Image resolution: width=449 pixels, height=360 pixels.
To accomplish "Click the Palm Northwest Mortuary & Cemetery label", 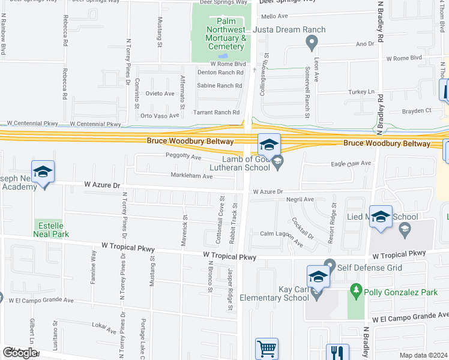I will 219,34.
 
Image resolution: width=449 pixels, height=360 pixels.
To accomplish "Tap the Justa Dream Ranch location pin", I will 311,42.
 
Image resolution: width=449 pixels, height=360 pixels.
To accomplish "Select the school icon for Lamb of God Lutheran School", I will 270,145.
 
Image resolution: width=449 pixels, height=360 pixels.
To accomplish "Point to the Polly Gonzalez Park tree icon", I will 355,291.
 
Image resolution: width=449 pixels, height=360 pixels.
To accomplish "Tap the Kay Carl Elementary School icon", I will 318,277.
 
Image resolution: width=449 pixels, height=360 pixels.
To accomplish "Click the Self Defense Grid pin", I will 329,264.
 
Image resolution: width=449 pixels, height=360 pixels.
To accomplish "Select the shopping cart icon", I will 267,349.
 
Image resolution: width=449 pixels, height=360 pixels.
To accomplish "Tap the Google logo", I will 20,353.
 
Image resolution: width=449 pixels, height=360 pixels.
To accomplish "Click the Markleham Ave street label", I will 191,176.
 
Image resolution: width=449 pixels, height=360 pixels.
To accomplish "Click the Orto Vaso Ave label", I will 160,115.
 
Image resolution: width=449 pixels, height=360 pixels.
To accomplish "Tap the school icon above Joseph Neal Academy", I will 43,172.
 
